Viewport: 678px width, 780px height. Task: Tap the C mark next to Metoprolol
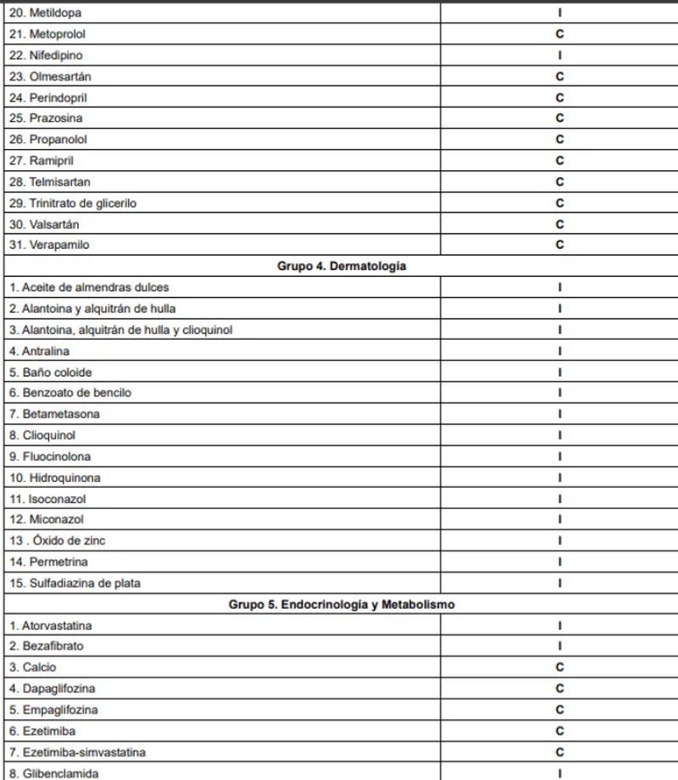[x=559, y=35]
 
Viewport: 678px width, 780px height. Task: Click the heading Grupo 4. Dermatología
[x=342, y=266]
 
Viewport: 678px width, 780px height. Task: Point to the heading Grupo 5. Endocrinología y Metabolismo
[x=342, y=605]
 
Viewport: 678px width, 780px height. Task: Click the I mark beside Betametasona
[x=559, y=414]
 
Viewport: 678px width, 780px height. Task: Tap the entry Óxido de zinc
[x=58, y=540]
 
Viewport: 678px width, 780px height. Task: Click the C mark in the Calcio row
[x=559, y=667]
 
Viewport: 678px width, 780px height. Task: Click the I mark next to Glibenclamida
[x=559, y=773]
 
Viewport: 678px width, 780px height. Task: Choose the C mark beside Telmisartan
[x=559, y=182]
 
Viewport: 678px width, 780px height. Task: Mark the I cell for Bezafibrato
[x=559, y=646]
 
